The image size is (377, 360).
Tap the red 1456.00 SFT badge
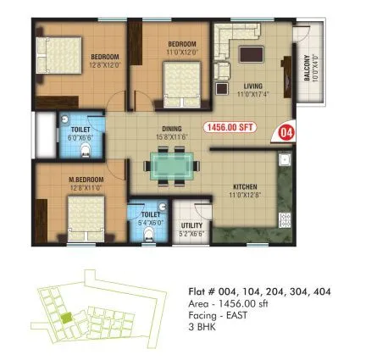point(230,129)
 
